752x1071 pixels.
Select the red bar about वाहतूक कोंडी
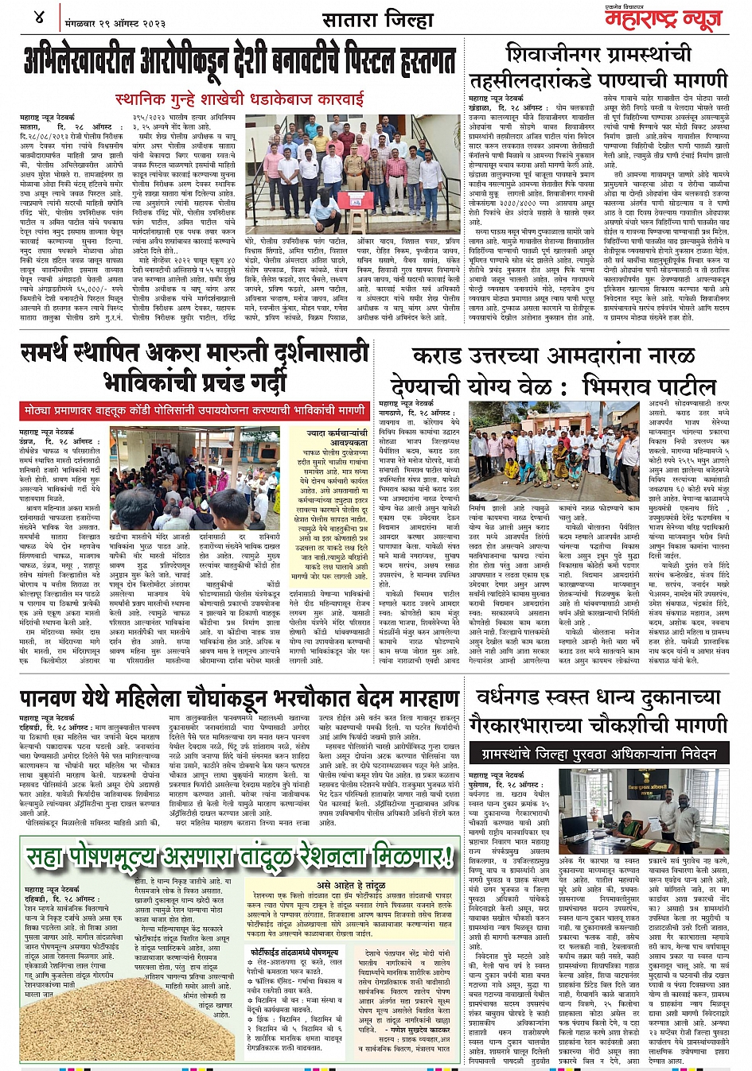pos(196,411)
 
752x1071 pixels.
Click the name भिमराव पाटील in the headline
pos(649,386)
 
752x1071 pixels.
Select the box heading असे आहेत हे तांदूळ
pos(351,885)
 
